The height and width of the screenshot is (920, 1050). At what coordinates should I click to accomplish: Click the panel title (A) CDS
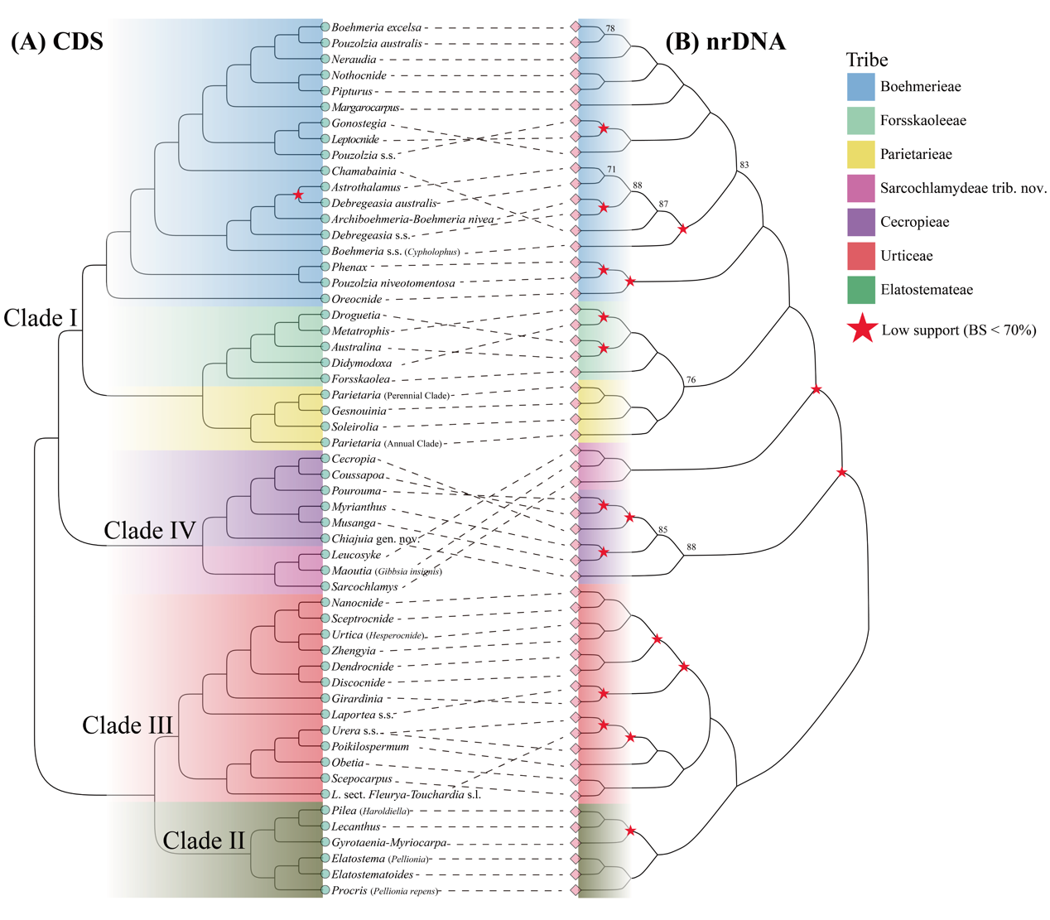pyautogui.click(x=57, y=41)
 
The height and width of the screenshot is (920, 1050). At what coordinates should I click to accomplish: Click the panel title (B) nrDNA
pyautogui.click(x=725, y=41)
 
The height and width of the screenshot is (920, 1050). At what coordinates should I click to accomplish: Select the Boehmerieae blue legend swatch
pyautogui.click(x=860, y=87)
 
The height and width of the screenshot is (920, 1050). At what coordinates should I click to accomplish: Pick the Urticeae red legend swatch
pyautogui.click(x=860, y=256)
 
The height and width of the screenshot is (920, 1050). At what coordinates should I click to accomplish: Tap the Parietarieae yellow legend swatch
pyautogui.click(x=860, y=155)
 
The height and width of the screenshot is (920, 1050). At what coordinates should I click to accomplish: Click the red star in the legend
pyautogui.click(x=863, y=329)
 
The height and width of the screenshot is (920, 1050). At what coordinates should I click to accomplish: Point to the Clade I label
pyautogui.click(x=40, y=318)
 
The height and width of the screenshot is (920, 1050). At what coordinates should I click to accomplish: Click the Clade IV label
pyautogui.click(x=149, y=531)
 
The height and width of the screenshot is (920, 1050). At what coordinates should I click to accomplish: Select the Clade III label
pyautogui.click(x=128, y=725)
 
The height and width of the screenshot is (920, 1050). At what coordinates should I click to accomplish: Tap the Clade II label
pyautogui.click(x=204, y=841)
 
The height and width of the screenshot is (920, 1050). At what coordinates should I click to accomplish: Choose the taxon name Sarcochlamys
pyautogui.click(x=364, y=586)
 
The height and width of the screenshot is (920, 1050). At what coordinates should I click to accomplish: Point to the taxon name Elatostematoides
pyautogui.click(x=372, y=874)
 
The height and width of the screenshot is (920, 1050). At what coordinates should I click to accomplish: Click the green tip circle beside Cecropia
pyautogui.click(x=325, y=459)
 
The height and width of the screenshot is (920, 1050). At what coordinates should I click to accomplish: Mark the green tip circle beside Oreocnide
pyautogui.click(x=325, y=299)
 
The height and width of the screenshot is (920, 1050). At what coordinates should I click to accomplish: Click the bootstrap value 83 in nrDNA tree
pyautogui.click(x=744, y=165)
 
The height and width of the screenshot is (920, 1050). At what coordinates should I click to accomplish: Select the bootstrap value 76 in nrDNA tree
pyautogui.click(x=691, y=380)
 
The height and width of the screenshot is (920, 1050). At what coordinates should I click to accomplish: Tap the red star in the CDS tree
pyautogui.click(x=298, y=195)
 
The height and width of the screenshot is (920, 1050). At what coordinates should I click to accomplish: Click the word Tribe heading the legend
pyautogui.click(x=866, y=60)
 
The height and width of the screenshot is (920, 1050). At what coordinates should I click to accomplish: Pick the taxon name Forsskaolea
pyautogui.click(x=360, y=379)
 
